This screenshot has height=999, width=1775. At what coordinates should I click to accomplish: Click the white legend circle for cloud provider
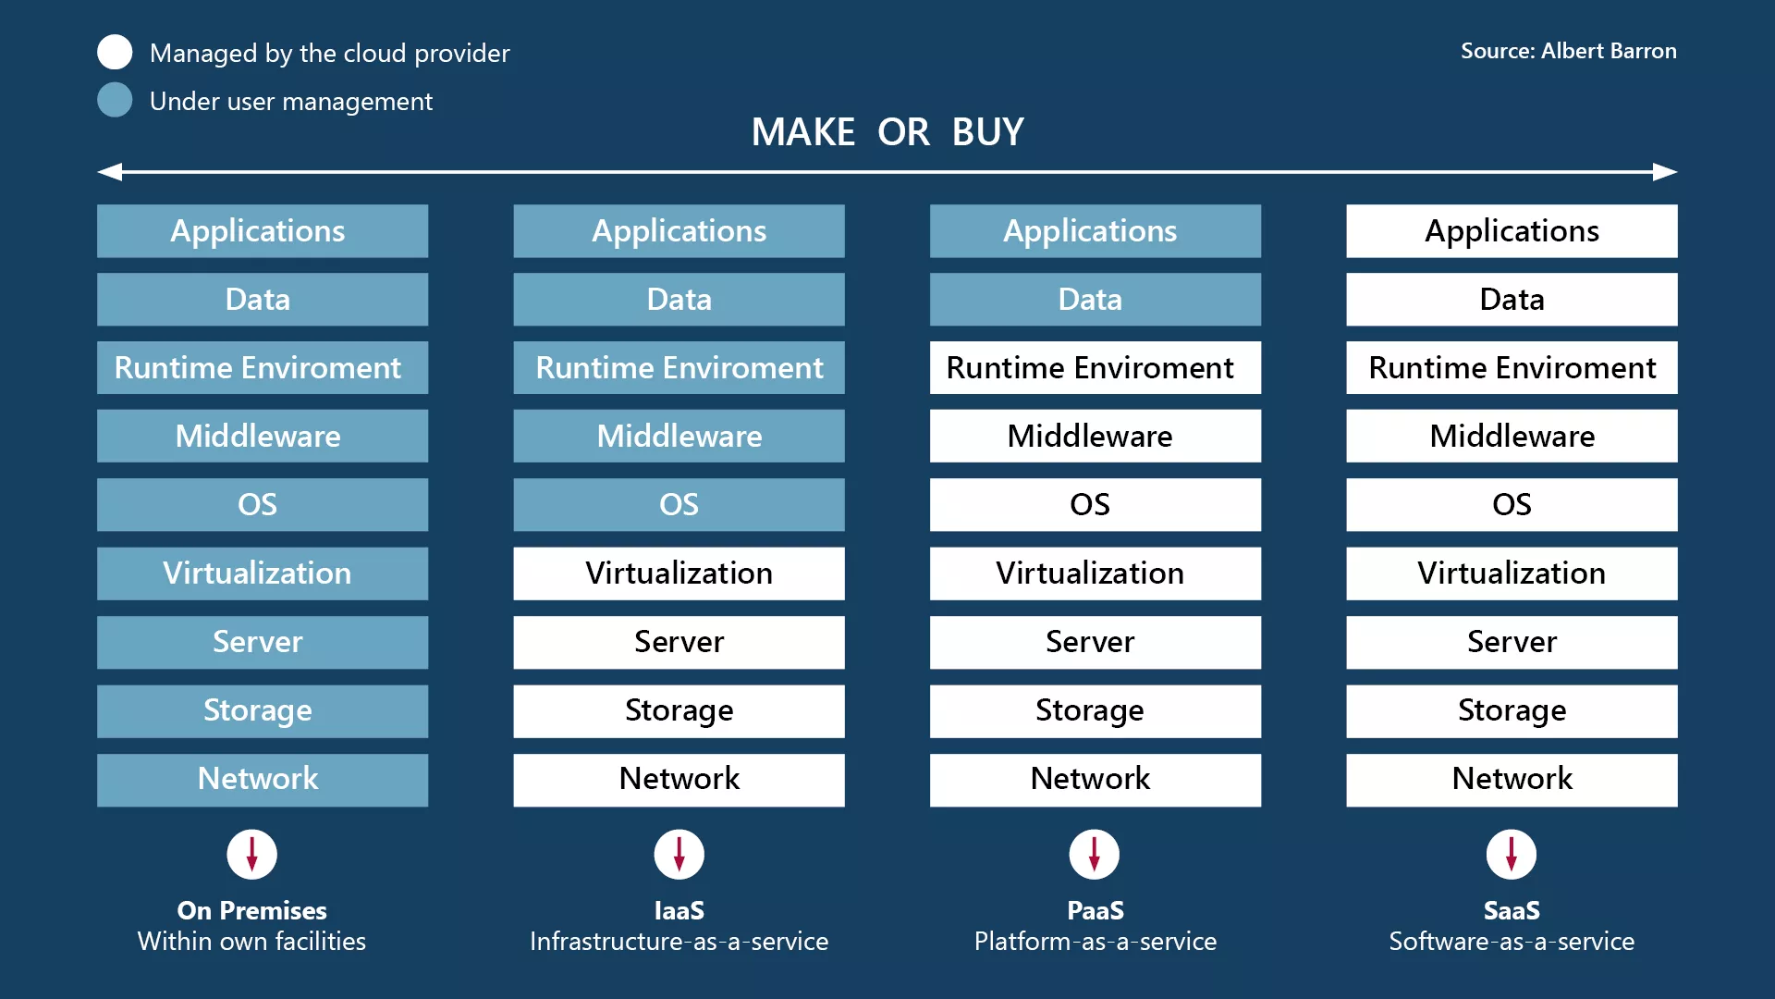[115, 52]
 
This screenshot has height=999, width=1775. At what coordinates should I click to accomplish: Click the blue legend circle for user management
[115, 100]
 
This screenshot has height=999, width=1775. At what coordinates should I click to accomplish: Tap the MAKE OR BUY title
[887, 132]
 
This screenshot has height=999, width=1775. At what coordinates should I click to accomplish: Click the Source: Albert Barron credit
[1568, 51]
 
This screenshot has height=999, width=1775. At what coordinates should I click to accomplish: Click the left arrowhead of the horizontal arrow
[110, 172]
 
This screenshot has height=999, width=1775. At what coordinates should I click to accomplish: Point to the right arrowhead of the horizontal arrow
[1665, 172]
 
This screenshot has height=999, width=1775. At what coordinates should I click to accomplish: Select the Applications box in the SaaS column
[1512, 231]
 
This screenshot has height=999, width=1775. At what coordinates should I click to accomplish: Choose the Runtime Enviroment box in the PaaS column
[1095, 368]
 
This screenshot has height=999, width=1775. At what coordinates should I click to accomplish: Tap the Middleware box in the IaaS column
[679, 437]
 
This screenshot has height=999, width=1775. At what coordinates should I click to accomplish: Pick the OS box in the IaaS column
[679, 505]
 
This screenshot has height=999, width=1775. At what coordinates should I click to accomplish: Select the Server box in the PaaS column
[1095, 642]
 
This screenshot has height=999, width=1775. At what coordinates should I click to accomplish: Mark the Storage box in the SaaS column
[1512, 710]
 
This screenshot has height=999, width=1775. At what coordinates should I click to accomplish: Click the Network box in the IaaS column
[679, 779]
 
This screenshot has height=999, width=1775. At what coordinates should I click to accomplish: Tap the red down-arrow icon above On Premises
[251, 854]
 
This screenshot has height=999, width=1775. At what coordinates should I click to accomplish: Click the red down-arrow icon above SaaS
[1512, 854]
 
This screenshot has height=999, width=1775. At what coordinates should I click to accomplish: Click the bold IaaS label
[679, 910]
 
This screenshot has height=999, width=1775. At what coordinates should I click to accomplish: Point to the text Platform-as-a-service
[1095, 942]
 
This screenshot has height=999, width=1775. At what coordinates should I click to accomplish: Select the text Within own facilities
[251, 942]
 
